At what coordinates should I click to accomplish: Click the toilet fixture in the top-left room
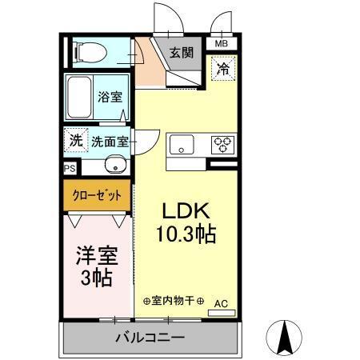88,53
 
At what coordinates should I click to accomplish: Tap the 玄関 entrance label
180,54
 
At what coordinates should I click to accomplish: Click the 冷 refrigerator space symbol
224,69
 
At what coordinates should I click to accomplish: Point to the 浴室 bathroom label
110,98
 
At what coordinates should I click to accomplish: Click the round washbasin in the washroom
114,167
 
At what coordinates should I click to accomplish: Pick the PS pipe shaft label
70,169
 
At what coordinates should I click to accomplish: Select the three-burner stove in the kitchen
222,145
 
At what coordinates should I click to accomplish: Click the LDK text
186,212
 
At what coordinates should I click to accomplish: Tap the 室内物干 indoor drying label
174,302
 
